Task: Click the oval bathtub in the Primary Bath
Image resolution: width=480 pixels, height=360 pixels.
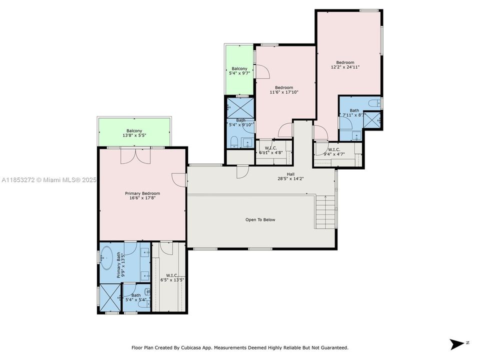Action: (107, 258)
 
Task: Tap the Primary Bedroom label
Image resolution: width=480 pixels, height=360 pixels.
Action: (142, 195)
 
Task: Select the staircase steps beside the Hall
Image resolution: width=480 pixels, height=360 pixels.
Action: (325, 211)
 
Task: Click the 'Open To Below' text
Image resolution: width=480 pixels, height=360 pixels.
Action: (260, 219)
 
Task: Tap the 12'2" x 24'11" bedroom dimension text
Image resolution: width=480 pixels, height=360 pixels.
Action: (345, 64)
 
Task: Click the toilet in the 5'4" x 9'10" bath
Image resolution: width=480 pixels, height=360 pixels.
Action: (235, 142)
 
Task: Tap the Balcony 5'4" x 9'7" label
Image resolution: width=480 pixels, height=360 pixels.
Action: (239, 70)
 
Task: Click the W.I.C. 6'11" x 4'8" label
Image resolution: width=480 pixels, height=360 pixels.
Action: (271, 150)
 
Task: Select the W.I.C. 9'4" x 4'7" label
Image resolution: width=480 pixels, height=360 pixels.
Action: (334, 152)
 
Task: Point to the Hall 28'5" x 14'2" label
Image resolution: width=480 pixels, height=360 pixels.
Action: (290, 176)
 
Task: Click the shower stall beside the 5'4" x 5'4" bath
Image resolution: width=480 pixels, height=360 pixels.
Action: (109, 298)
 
